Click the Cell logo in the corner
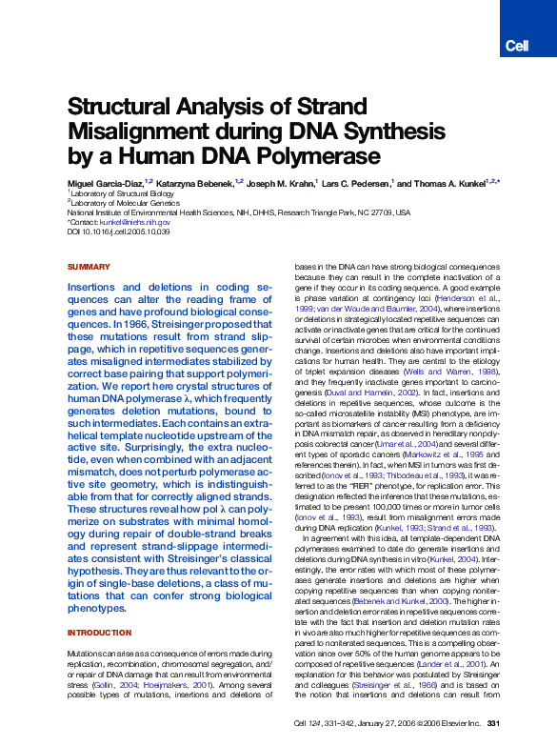pyautogui.click(x=516, y=46)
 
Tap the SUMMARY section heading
pyautogui.click(x=89, y=268)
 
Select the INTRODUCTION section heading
pyautogui.click(x=99, y=633)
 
